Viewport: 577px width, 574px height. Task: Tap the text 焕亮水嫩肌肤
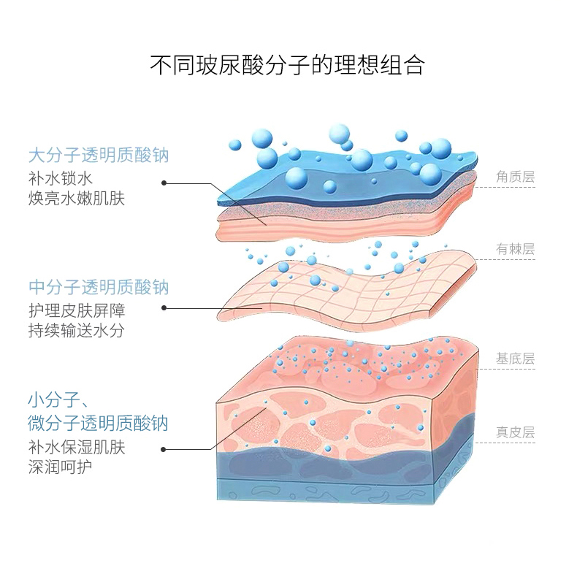[x=77, y=199]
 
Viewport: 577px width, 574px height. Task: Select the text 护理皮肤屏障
[x=77, y=310]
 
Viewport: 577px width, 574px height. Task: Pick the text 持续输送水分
[x=77, y=330]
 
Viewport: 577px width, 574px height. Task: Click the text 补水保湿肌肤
[x=77, y=446]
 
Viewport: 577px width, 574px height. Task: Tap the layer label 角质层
[x=515, y=177]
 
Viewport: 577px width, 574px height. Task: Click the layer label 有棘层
[x=515, y=249]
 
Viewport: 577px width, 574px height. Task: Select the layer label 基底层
[x=515, y=359]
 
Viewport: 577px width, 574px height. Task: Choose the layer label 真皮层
[x=515, y=432]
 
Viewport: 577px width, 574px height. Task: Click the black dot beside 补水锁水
[x=164, y=183]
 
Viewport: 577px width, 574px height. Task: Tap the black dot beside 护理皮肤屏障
[x=164, y=308]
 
